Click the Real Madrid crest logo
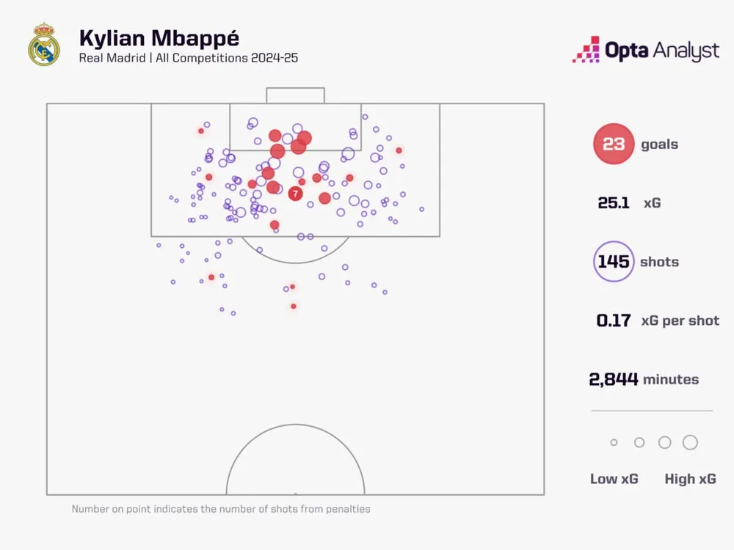43,45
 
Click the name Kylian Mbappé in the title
159,38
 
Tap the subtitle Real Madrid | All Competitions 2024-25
189,58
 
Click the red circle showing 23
614,144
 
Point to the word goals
659,144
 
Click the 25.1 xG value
614,203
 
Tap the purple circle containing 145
614,262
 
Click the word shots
659,262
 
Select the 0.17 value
614,320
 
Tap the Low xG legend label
614,479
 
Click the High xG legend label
690,479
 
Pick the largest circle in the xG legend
690,442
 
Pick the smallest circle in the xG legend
614,442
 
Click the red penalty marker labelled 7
295,194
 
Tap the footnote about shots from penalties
221,509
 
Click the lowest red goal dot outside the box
294,306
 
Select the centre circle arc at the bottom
295,425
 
